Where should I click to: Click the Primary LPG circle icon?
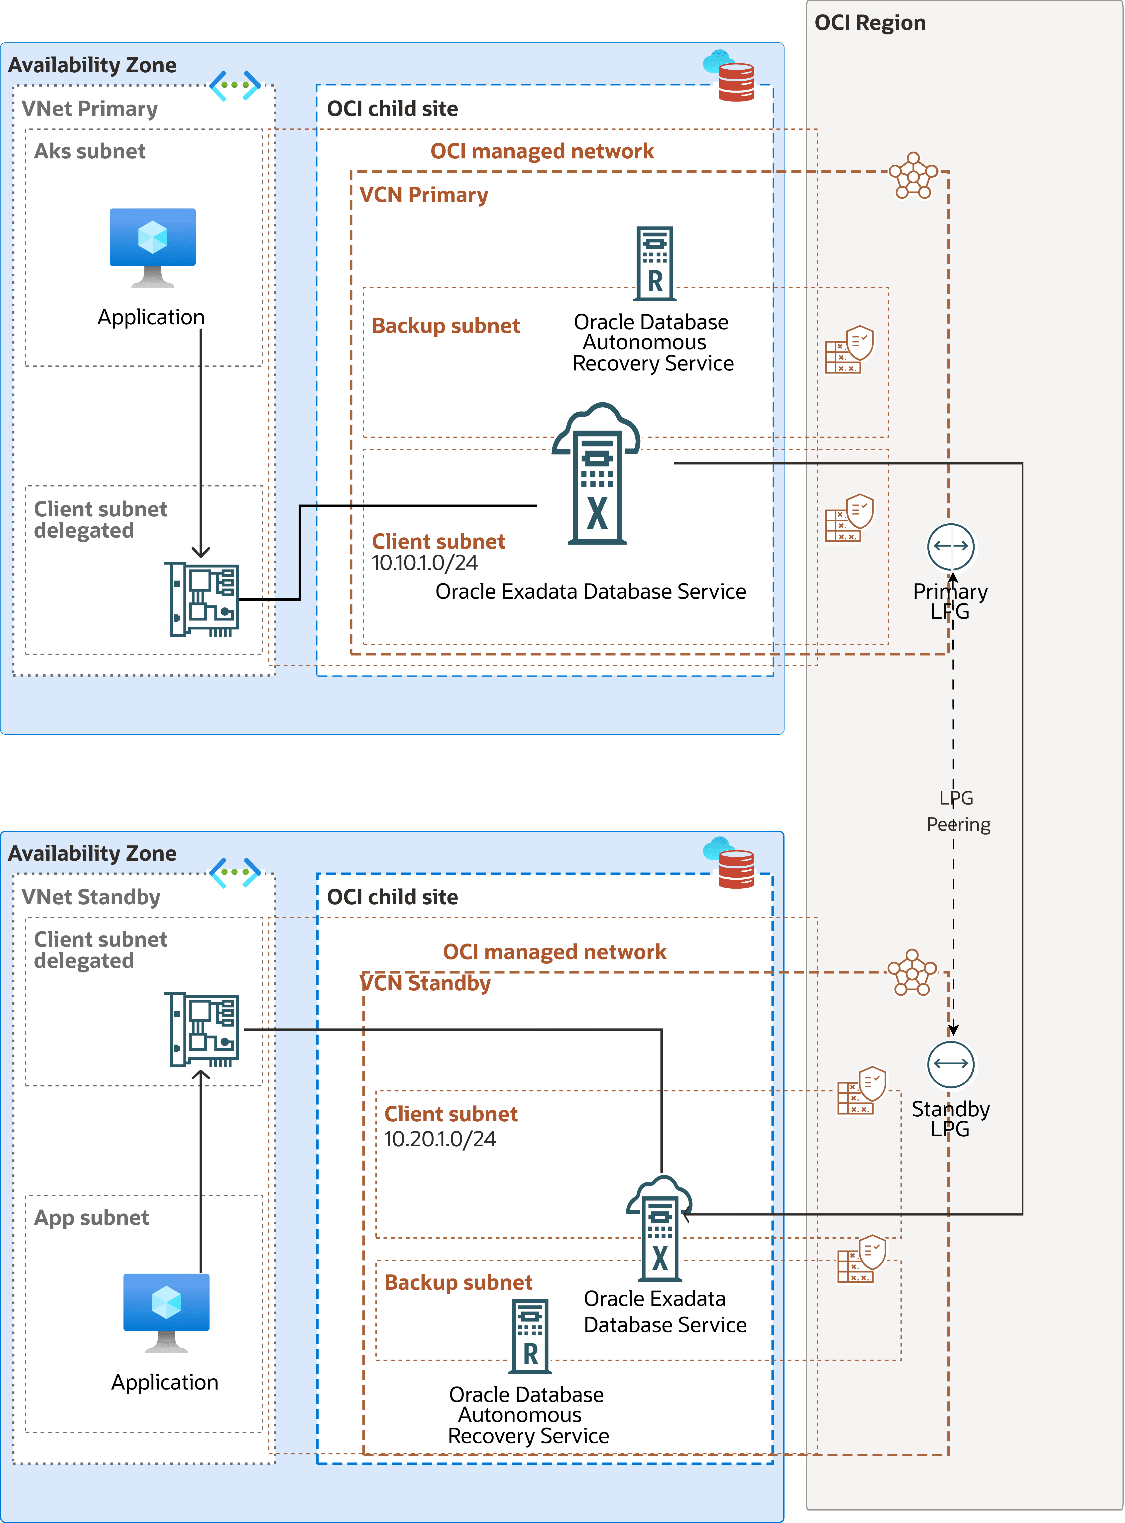click(951, 546)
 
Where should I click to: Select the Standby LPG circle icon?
click(951, 1064)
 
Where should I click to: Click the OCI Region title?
click(870, 23)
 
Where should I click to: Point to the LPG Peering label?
click(957, 811)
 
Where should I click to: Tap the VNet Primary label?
click(89, 109)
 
